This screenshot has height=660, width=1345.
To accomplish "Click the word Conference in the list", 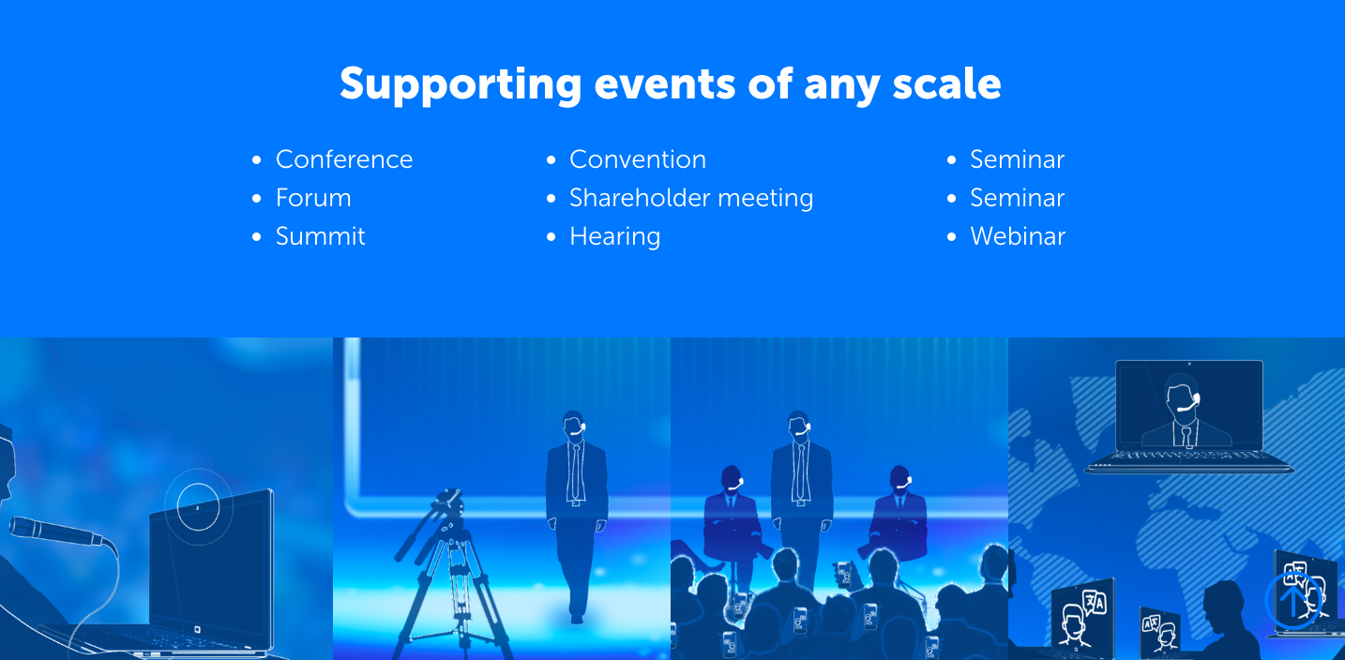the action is click(344, 159).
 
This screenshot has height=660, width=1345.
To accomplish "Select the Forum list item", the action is click(313, 198).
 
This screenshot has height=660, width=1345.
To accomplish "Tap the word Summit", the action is click(320, 236).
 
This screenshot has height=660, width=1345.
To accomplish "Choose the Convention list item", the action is click(638, 159).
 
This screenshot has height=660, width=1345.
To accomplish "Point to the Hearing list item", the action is click(615, 237).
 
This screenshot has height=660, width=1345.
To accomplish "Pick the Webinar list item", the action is click(1018, 236).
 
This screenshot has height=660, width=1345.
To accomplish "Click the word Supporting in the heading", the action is click(461, 84).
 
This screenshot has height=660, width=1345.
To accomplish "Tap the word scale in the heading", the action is click(947, 83).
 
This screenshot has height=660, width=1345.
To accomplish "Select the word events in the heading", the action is click(665, 84).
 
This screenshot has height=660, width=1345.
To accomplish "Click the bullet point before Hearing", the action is click(552, 237).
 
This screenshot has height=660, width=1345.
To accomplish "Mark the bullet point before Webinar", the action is click(951, 237).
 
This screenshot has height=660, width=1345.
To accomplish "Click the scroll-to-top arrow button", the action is click(1292, 601).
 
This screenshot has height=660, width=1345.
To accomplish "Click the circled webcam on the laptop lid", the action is click(198, 507).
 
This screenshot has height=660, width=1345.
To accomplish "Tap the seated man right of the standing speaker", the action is click(899, 516).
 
